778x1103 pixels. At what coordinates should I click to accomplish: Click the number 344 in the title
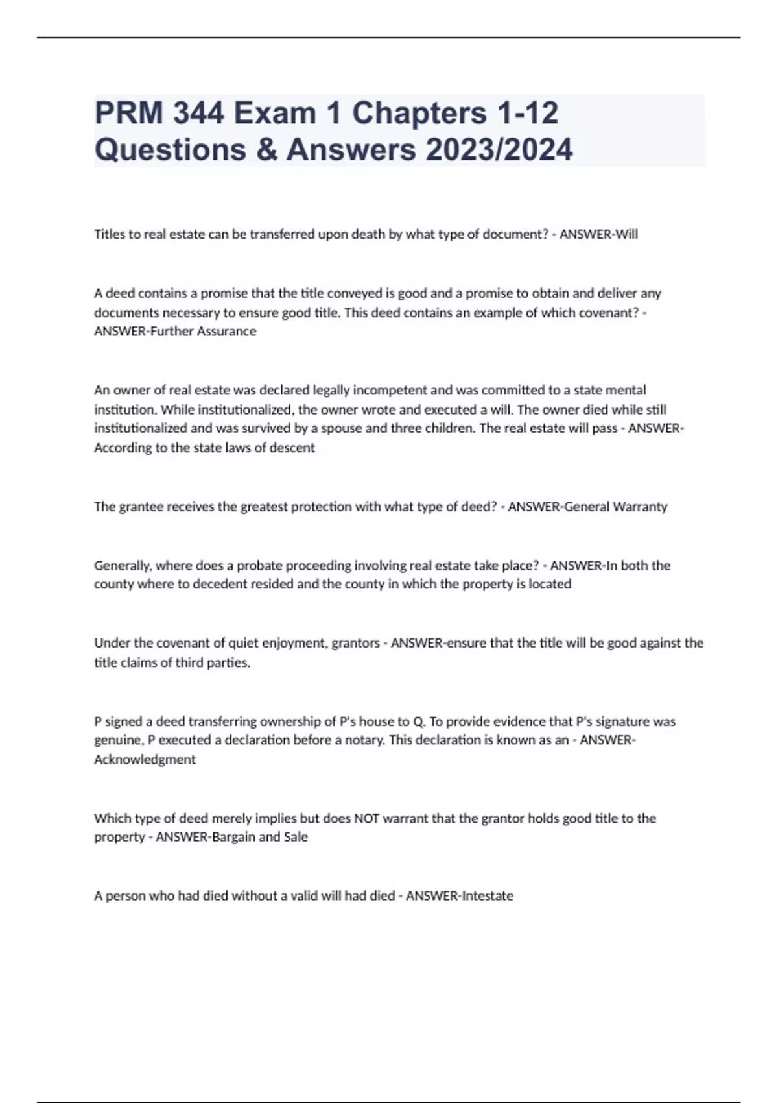click(198, 113)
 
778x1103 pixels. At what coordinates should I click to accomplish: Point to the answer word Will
click(626, 234)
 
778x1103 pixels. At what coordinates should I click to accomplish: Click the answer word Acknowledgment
click(145, 759)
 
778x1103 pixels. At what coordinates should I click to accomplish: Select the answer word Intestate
click(486, 896)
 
